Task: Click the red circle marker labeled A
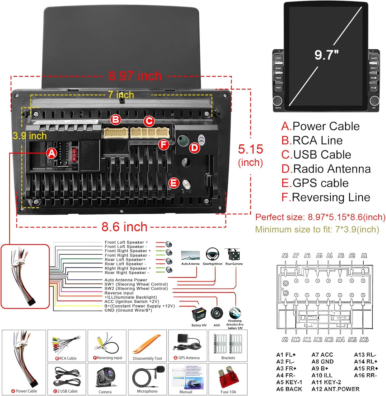52,153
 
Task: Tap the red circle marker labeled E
173,183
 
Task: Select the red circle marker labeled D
195,148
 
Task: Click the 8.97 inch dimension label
135,76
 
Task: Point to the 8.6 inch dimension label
124,227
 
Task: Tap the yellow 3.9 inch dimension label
30,136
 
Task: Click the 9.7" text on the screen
326,55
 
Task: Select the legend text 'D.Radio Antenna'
326,169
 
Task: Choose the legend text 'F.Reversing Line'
326,197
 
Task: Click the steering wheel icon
212,254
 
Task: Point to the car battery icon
199,314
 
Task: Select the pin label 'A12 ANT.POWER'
335,389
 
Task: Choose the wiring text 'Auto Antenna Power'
126,280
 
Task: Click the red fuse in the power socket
74,155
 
